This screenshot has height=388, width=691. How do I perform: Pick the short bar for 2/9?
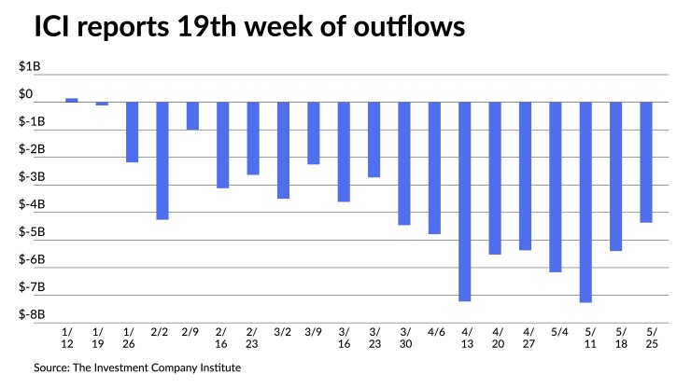192,116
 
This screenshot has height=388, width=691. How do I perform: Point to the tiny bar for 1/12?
72,100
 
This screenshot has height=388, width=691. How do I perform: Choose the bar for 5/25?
646,162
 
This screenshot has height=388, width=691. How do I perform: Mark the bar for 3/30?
404,163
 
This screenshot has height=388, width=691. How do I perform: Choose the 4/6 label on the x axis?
434,331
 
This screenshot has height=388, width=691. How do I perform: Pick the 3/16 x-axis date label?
344,337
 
